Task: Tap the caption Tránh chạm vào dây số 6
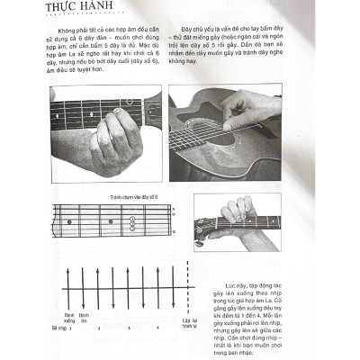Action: pyautogui.click(x=133, y=196)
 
